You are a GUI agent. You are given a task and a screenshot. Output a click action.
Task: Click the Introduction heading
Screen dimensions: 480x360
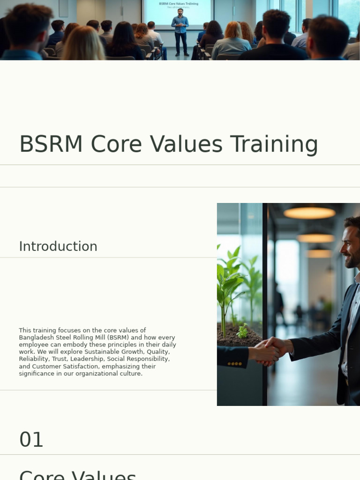click(x=58, y=247)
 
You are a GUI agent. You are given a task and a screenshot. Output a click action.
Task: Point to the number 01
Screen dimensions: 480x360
click(x=31, y=440)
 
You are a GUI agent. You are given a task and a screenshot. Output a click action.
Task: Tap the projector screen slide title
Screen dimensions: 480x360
click(x=178, y=4)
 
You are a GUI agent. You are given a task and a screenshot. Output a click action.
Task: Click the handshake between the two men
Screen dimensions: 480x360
click(x=268, y=350)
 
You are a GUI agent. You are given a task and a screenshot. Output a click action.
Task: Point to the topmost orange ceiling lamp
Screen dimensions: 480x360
click(x=309, y=213)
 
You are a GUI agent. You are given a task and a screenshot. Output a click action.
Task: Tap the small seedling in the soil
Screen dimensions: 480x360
click(x=242, y=331)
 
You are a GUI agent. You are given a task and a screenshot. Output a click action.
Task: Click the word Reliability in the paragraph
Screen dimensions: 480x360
click(x=34, y=359)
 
